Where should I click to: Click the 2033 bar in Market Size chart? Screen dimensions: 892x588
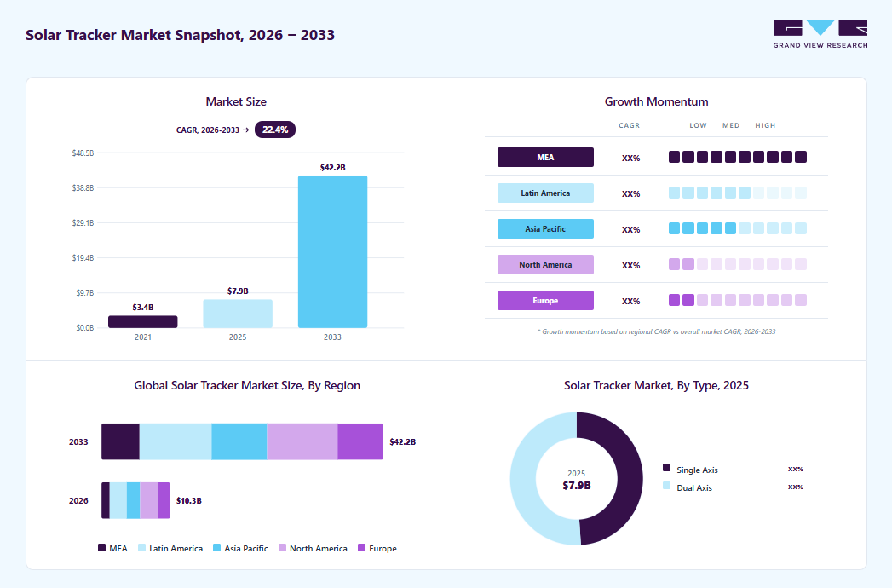332,251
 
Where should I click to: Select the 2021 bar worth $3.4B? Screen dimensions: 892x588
143,321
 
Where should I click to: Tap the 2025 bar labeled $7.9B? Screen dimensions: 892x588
238,314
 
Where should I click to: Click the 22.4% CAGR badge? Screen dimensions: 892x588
275,130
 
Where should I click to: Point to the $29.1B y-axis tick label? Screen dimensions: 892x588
83,223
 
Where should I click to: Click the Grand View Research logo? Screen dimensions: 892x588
820,34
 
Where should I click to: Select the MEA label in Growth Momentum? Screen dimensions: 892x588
545,157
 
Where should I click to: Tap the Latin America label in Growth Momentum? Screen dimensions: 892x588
545,193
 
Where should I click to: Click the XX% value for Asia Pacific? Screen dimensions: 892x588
631,229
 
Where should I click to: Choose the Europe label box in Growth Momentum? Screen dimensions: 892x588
545,301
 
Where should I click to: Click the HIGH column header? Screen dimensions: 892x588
765,125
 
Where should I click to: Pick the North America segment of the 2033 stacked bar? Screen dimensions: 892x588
302,441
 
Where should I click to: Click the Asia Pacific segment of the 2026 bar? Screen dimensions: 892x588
133,500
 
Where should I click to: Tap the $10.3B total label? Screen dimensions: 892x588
189,501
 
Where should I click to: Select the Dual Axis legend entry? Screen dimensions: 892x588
688,487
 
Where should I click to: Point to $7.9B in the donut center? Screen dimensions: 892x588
576,486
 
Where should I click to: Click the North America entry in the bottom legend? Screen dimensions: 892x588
313,548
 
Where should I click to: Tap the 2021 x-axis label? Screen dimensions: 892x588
143,337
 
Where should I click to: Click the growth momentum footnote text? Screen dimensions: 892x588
657,331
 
